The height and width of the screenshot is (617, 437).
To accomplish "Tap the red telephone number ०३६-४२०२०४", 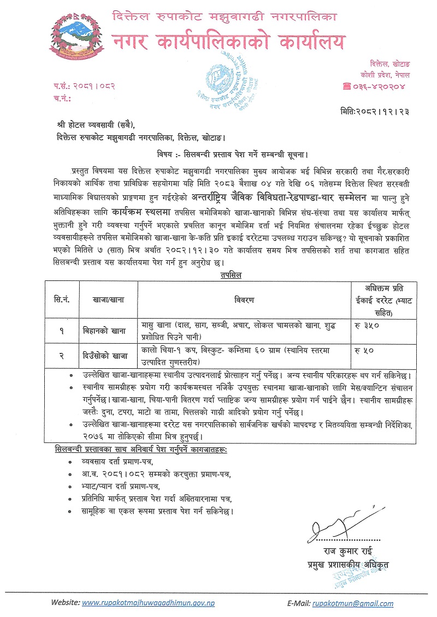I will [380, 86].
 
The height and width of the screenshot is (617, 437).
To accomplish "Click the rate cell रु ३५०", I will [368, 325].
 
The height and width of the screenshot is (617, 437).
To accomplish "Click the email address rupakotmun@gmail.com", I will [353, 603].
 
